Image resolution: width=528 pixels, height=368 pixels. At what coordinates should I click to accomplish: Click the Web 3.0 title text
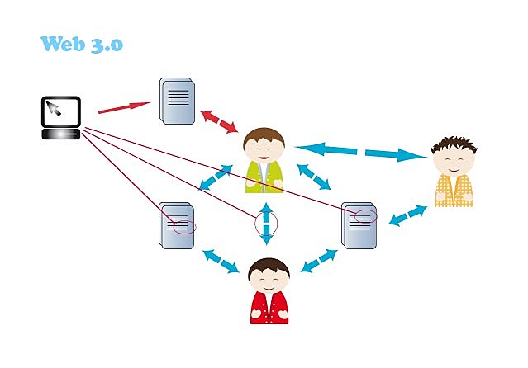pos(82,44)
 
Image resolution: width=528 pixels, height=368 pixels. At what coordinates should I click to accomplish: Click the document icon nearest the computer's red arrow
pos(178,101)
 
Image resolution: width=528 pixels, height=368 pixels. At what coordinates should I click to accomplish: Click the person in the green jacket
pos(264,161)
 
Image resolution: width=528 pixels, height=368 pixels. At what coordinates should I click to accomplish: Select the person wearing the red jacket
pos(269,293)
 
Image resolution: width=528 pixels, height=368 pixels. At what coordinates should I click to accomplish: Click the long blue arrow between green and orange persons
pos(359,151)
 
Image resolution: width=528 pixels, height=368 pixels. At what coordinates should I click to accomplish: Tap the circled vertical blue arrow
pos(266,223)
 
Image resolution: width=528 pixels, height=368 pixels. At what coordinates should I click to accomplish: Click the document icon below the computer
pos(176,225)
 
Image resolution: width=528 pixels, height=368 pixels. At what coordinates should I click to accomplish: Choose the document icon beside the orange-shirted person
pos(359,224)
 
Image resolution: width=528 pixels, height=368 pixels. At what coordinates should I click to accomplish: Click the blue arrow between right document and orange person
pos(407,216)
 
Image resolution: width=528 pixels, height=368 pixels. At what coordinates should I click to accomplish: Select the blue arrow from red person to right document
pos(318,261)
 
